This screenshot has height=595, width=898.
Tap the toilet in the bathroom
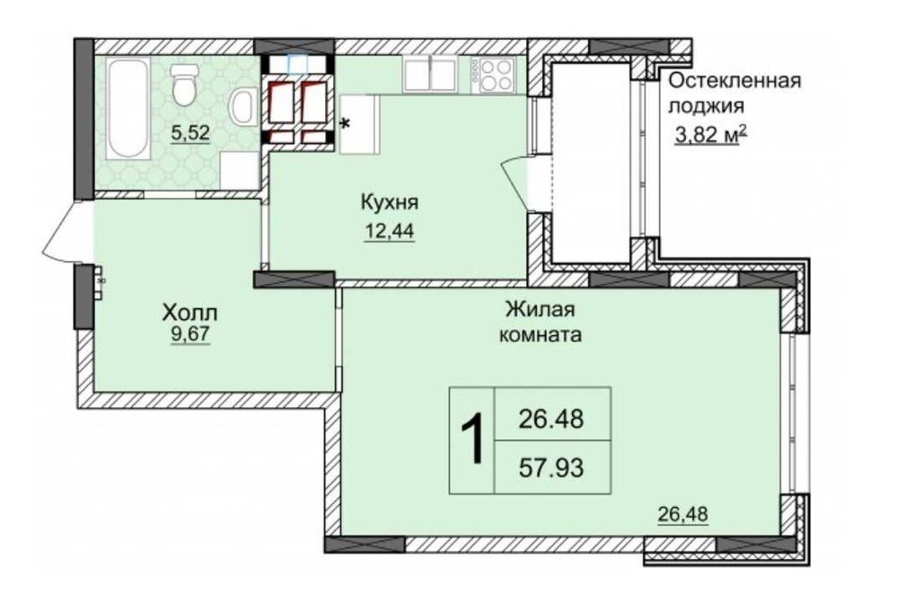(x=184, y=84)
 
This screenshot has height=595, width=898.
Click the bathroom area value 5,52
(x=190, y=134)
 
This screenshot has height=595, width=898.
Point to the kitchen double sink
(x=430, y=74)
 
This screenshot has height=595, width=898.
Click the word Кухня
(x=390, y=203)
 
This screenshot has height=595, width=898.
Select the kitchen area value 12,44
(x=389, y=231)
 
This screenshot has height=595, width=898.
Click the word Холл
(x=190, y=313)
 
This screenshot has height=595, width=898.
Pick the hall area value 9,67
(x=190, y=334)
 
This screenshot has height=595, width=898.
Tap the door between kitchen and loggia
(x=515, y=182)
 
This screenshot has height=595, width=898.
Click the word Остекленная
(x=735, y=82)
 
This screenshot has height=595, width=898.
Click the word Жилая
(x=540, y=310)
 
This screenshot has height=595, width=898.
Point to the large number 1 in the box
(x=472, y=440)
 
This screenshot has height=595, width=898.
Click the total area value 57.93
(x=551, y=467)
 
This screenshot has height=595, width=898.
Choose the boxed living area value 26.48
(x=551, y=419)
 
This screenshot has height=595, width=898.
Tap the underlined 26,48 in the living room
(x=682, y=514)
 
